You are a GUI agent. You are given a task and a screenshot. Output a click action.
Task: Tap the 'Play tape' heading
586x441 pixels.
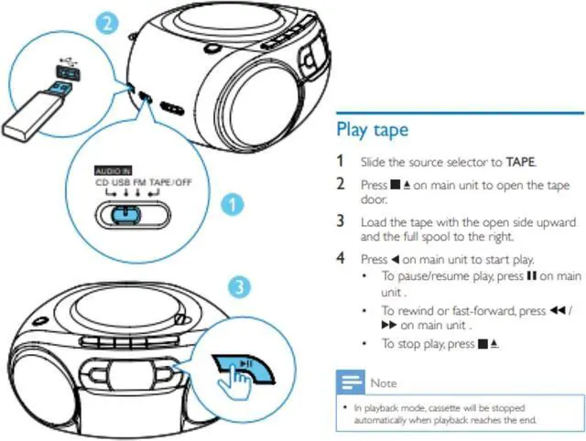coord(372,129)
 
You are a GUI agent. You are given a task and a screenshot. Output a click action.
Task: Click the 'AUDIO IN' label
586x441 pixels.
coord(113,171)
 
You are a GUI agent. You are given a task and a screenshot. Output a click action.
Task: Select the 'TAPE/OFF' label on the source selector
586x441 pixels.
coord(170,181)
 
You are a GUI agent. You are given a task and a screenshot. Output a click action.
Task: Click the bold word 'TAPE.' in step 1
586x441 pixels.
coord(521,162)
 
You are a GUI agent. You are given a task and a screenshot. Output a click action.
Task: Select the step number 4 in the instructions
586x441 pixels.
coord(341,259)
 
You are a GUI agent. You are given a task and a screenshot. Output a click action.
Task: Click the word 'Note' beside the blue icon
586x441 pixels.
coord(384,383)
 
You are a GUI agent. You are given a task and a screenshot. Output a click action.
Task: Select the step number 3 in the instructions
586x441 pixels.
coord(341,220)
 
